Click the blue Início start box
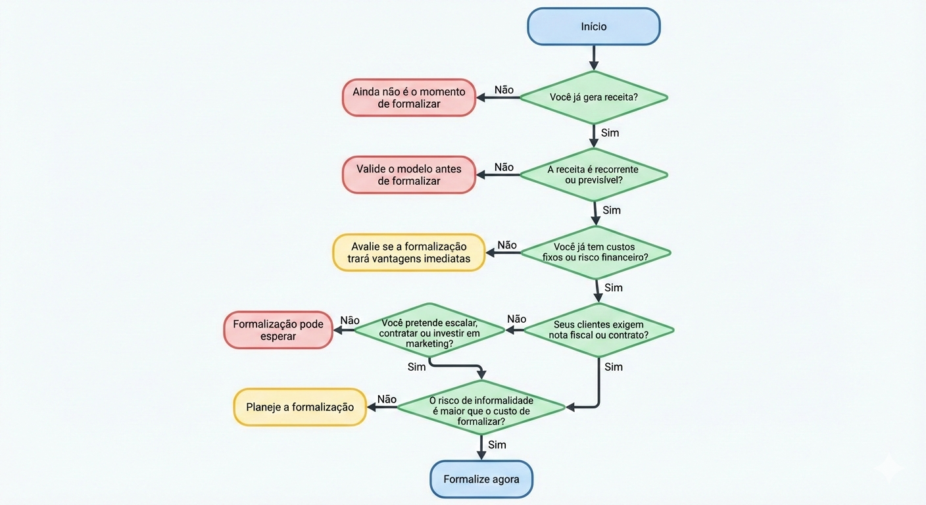pyautogui.click(x=593, y=27)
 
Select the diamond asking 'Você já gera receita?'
pyautogui.click(x=593, y=97)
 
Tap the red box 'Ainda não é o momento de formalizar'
pyautogui.click(x=408, y=98)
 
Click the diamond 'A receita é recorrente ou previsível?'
pyautogui.click(x=593, y=175)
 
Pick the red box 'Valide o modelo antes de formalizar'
pyautogui.click(x=408, y=175)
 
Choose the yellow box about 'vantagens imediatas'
pyautogui.click(x=408, y=252)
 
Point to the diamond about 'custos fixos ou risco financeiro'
pyautogui.click(x=596, y=252)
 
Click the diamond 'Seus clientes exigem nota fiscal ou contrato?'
pyautogui.click(x=598, y=329)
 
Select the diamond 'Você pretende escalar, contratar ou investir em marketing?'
pyautogui.click(x=429, y=329)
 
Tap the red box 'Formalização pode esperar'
pyautogui.click(x=278, y=330)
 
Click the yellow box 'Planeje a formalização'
pyautogui.click(x=300, y=407)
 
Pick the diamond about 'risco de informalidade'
pyautogui.click(x=481, y=408)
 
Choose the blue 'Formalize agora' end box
pyautogui.click(x=481, y=479)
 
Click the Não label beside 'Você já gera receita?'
pyautogui.click(x=504, y=90)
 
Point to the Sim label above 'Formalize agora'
pyautogui.click(x=497, y=445)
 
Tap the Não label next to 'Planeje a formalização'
pyautogui.click(x=387, y=399)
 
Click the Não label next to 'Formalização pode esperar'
pyautogui.click(x=350, y=321)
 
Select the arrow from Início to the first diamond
pyautogui.click(x=593, y=58)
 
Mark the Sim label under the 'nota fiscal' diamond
pyautogui.click(x=614, y=367)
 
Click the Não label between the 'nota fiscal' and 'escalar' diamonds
pyautogui.click(x=517, y=320)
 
